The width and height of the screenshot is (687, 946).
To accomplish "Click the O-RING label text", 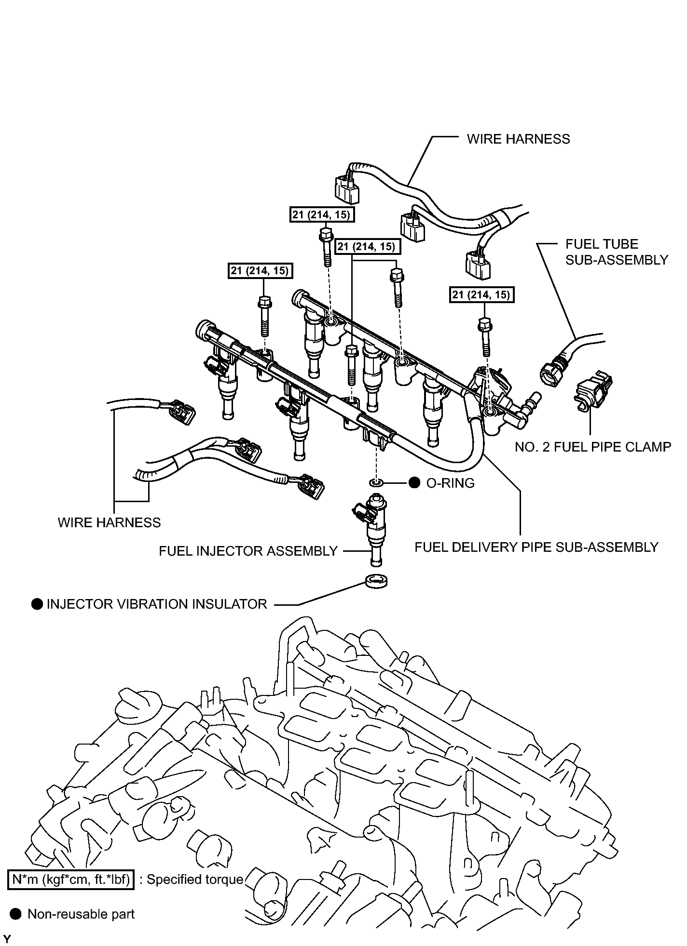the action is point(450,483).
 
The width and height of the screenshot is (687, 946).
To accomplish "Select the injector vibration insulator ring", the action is point(376,581).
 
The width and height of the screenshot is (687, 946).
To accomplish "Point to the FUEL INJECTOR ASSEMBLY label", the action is point(248,551).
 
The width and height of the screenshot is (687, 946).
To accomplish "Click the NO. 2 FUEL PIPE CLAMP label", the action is point(593,447).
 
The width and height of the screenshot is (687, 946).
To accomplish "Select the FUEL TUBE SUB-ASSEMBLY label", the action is point(617,252).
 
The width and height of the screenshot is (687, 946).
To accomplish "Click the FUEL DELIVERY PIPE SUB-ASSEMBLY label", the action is point(536,547).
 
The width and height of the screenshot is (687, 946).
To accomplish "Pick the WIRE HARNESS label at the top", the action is point(518,139).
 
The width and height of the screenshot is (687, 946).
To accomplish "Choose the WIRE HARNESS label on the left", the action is point(109,522).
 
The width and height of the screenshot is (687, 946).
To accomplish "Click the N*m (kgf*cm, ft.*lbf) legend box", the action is point(71,880).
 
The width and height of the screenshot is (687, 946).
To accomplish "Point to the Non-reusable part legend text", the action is point(81,914).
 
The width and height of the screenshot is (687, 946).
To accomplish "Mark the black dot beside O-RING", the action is point(414,483).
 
